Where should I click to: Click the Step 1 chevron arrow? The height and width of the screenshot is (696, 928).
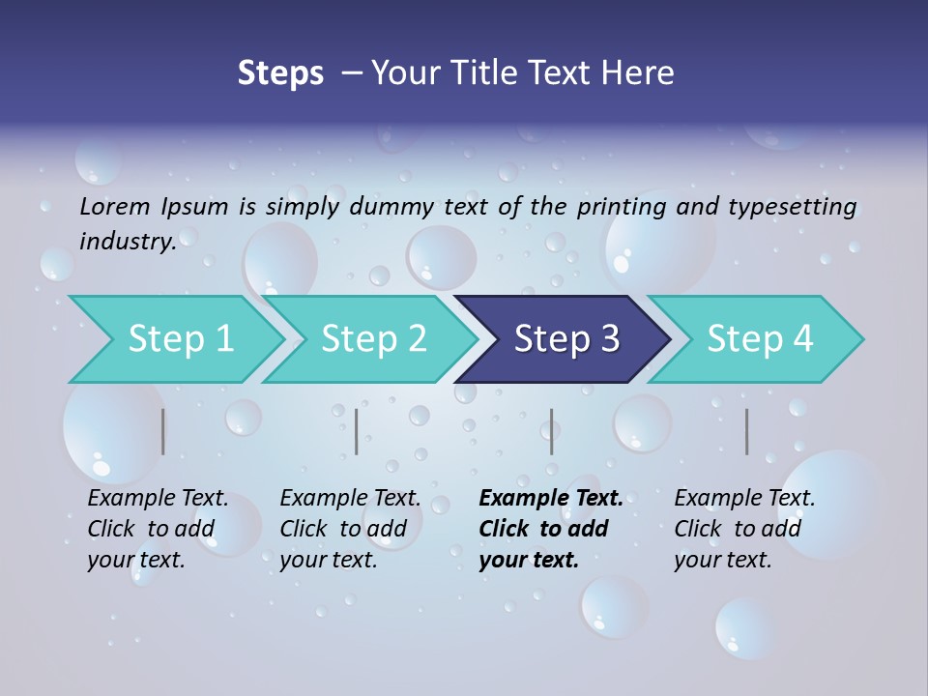pyautogui.click(x=179, y=339)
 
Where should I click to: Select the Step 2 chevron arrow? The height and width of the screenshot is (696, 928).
pyautogui.click(x=372, y=339)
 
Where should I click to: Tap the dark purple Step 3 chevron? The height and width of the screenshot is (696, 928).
pyautogui.click(x=565, y=339)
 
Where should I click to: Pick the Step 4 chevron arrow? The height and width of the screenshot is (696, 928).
pyautogui.click(x=759, y=339)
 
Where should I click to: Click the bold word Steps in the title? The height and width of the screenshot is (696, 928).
pyautogui.click(x=280, y=73)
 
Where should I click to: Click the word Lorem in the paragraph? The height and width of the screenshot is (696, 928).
pyautogui.click(x=115, y=206)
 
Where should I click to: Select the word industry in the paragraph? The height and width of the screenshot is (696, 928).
pyautogui.click(x=128, y=241)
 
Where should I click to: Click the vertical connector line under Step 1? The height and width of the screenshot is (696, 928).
pyautogui.click(x=163, y=431)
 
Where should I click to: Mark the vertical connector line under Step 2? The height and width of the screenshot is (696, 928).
pyautogui.click(x=357, y=431)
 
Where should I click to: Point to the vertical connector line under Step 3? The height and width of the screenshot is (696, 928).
pyautogui.click(x=552, y=431)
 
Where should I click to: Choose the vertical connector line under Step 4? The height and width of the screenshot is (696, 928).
pyautogui.click(x=747, y=431)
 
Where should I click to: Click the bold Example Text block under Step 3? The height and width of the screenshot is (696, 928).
pyautogui.click(x=550, y=529)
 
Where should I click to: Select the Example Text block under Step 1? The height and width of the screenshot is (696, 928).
pyautogui.click(x=158, y=529)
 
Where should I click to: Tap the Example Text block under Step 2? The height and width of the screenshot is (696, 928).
pyautogui.click(x=350, y=529)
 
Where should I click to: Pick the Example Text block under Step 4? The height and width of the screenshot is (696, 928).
pyautogui.click(x=744, y=529)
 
